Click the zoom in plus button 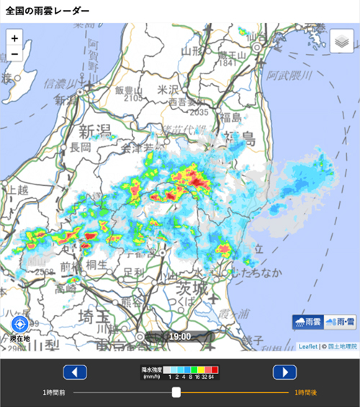point(15,38)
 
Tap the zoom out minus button point(15,54)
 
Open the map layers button point(342,42)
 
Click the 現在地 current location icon point(20,325)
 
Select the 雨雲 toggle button point(307,322)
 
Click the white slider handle point(176,392)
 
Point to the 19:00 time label point(180,336)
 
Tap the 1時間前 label point(54,392)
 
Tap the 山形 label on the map point(191,50)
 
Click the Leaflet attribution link point(307,346)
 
